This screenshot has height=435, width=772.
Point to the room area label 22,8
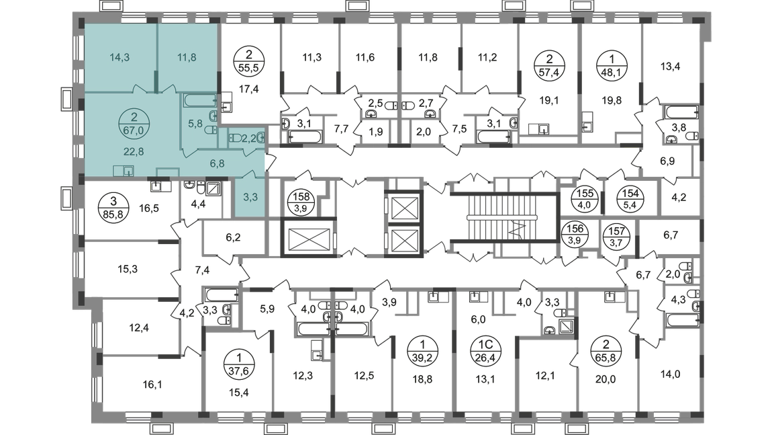point(134,152)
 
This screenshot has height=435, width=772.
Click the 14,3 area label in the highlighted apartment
point(119,57)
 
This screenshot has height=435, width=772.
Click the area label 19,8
point(612,100)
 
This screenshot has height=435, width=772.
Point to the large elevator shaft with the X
point(307,238)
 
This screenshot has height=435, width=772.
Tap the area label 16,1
point(152,384)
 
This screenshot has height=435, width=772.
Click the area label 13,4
point(670,66)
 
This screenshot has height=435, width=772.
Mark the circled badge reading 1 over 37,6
point(239,364)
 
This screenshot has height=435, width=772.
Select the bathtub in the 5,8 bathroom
point(200,101)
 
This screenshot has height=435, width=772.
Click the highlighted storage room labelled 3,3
point(250,197)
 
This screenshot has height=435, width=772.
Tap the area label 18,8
point(422,379)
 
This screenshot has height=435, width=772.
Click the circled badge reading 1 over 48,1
point(612,66)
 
